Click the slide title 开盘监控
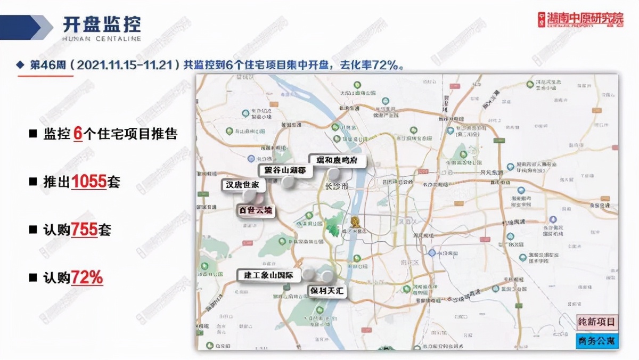pos(102,23)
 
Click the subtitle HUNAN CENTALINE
pos(102,39)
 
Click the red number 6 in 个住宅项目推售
pos(77,134)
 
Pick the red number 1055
pos(89,182)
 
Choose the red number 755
pos(83,230)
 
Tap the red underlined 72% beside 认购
pos(87,277)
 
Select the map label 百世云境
pos(255,210)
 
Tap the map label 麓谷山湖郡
pos(285,170)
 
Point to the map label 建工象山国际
pos(269,275)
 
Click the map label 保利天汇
pos(328,291)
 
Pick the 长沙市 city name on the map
pos(336,186)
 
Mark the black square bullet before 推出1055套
pos(32,182)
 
